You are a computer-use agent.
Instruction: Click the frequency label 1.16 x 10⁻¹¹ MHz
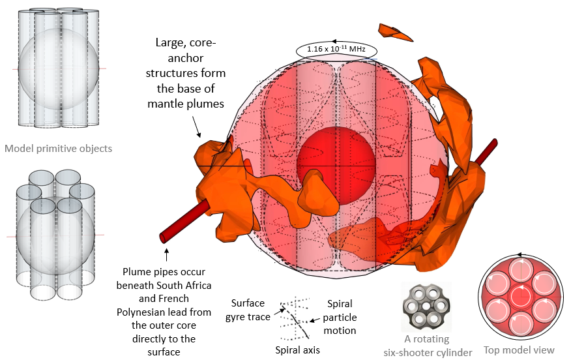[337, 50]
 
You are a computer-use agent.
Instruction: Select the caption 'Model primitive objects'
[59, 148]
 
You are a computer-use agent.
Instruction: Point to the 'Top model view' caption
[519, 350]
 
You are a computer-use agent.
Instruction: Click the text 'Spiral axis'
[297, 350]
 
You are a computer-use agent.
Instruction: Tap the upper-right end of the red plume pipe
[493, 142]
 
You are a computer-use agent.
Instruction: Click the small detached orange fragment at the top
[396, 32]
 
